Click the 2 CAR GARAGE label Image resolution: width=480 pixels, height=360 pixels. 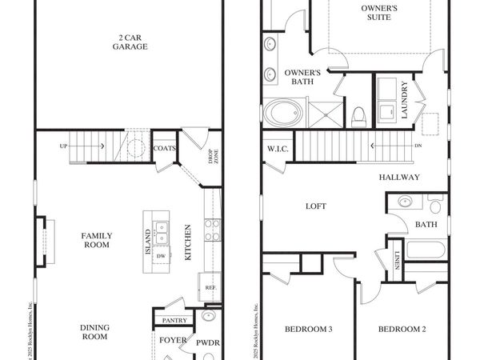[x=129, y=42]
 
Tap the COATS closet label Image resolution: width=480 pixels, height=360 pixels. [x=165, y=147]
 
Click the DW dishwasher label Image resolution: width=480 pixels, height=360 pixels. [x=162, y=256]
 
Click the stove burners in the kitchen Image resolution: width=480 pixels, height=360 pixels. [x=212, y=230]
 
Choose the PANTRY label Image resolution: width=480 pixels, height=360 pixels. [x=174, y=321]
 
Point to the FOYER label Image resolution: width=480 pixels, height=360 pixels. [x=173, y=340]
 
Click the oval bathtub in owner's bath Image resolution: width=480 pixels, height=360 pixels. [x=282, y=113]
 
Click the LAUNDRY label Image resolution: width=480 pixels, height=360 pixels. [x=405, y=100]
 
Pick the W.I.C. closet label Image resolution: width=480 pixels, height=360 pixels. [x=278, y=149]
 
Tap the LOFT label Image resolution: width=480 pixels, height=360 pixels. [x=316, y=206]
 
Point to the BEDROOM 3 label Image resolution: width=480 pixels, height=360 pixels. [x=309, y=330]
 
